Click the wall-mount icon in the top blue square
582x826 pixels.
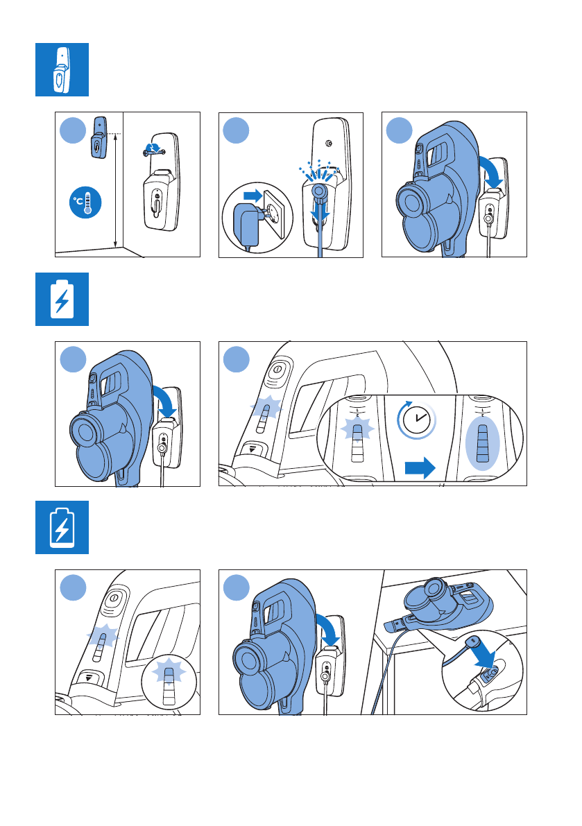point(61,70)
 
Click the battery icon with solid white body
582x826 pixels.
point(62,299)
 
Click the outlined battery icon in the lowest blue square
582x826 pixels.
point(62,528)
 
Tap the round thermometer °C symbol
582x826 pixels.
point(85,203)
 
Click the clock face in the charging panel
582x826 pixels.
point(417,420)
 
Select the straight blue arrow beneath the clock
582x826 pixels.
point(420,467)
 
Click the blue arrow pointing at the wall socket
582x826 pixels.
point(253,196)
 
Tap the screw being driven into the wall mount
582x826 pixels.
point(153,151)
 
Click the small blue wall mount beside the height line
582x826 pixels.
point(99,137)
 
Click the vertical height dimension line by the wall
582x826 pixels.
point(115,191)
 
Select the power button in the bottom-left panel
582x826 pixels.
point(114,599)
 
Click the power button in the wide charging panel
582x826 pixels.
point(277,370)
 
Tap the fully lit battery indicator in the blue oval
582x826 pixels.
point(482,442)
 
